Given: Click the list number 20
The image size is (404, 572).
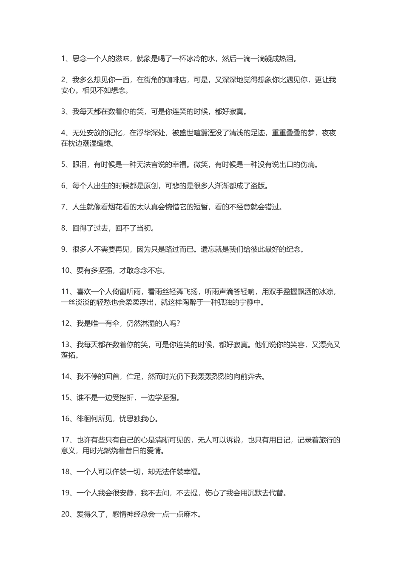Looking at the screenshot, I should point(66,514).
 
